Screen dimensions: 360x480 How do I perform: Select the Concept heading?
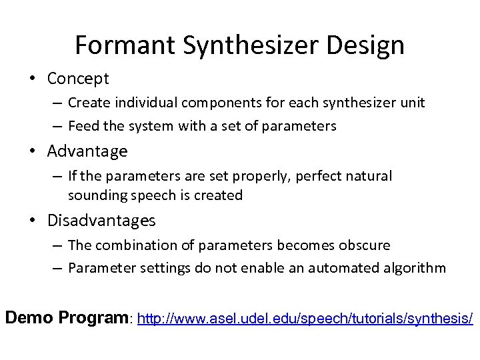78,79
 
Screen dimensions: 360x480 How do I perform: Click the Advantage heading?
87,151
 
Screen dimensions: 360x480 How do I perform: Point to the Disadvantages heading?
101,221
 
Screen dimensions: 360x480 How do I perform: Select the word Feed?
83,126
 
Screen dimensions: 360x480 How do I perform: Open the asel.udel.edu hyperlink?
305,319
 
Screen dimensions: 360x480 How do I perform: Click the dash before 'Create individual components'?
58,103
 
